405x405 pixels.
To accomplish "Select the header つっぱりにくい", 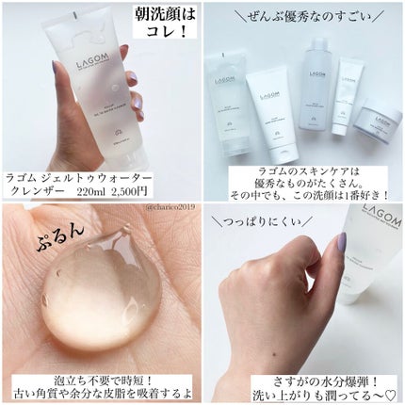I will pyautogui.click(x=262, y=223).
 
